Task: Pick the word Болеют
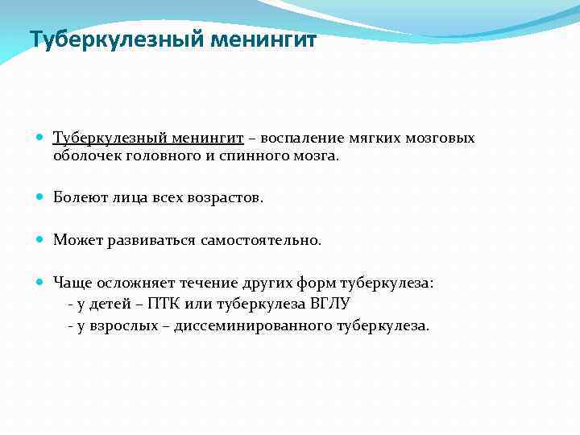click(77, 198)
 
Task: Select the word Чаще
click(72, 283)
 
